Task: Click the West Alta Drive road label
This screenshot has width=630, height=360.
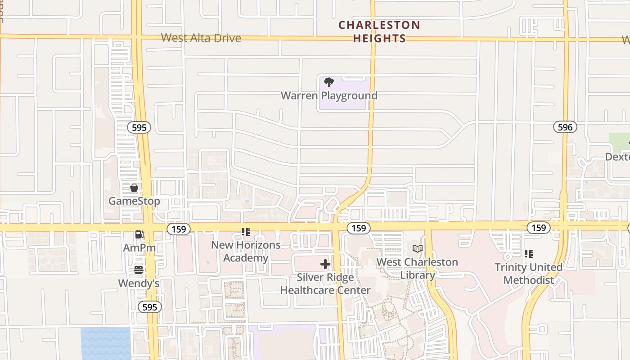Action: [201, 38]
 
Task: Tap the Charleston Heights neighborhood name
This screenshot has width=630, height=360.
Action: [379, 31]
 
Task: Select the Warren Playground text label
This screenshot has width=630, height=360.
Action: [329, 95]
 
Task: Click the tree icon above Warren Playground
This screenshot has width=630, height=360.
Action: [329, 82]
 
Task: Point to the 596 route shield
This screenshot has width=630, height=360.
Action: [565, 127]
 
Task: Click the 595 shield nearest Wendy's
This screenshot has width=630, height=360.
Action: [149, 307]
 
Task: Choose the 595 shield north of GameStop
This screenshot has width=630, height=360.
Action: [139, 127]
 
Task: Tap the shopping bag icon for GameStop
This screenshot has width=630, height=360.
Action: [134, 188]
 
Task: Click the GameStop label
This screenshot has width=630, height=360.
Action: [134, 201]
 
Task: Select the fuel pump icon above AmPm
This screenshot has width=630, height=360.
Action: [139, 234]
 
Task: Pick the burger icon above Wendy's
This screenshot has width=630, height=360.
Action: [139, 270]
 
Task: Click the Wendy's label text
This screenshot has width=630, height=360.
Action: [139, 283]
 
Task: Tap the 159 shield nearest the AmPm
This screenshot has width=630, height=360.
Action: [179, 229]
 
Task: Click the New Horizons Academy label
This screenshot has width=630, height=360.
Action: [246, 252]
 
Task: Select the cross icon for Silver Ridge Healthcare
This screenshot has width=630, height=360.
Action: [325, 264]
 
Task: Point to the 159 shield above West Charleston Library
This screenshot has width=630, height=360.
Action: [359, 228]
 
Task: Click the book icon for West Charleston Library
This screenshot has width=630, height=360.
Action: [418, 248]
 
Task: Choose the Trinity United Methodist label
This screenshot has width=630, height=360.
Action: [528, 274]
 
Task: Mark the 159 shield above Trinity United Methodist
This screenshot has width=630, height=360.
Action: [538, 228]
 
